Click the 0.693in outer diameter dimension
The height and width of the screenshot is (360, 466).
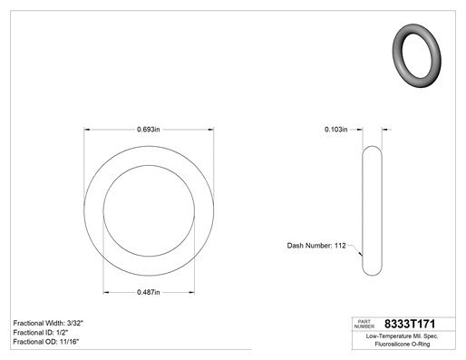pos(149,130)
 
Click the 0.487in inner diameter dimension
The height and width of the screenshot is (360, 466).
pos(149,292)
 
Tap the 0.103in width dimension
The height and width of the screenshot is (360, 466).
pos(336,130)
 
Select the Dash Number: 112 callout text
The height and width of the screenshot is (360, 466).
pos(316,246)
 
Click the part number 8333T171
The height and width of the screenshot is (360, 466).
pos(410,324)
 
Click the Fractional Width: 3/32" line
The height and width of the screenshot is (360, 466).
pos(48,323)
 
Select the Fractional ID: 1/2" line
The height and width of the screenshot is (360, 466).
pos(41,333)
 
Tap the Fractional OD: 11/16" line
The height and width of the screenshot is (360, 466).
pos(46,342)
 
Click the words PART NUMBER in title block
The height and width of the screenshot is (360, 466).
pos(364,324)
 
